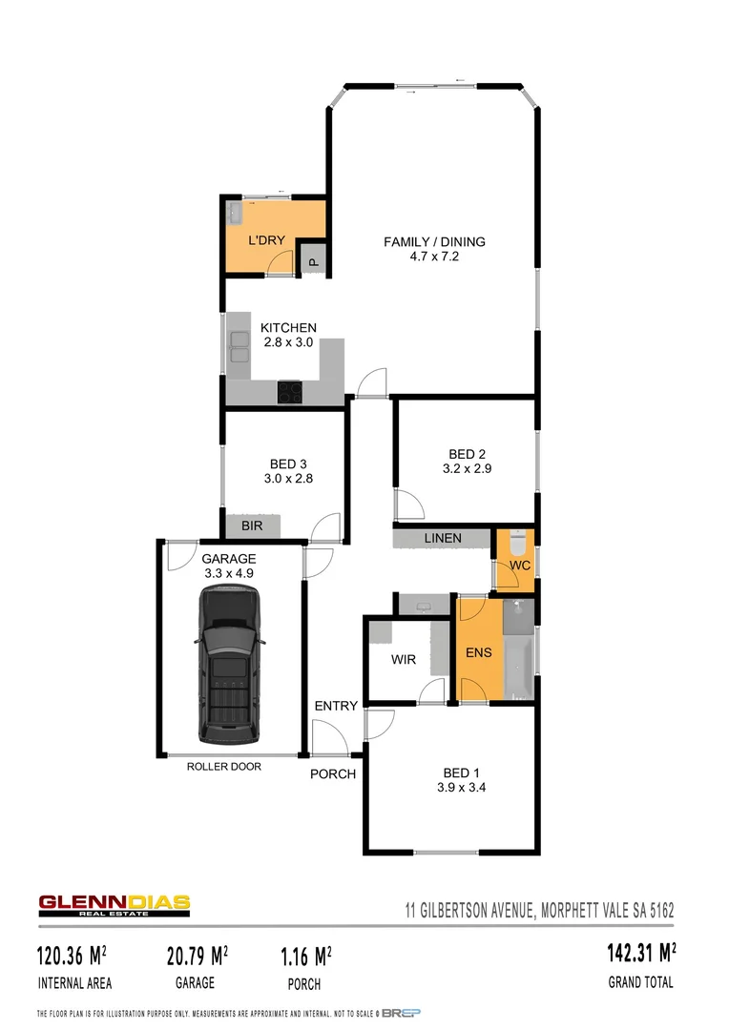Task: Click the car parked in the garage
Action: (229, 665)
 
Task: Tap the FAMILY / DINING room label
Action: (434, 242)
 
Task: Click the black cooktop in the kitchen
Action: (289, 391)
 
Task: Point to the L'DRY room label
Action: (266, 241)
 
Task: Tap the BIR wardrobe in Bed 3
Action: (253, 525)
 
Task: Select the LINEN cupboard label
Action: (443, 539)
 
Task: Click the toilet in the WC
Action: (516, 542)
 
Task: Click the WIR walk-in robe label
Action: (404, 660)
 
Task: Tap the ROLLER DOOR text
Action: (223, 766)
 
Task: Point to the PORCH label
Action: (333, 773)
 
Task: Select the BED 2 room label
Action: (467, 454)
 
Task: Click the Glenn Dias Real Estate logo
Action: (115, 905)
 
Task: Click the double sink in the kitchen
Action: (238, 346)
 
